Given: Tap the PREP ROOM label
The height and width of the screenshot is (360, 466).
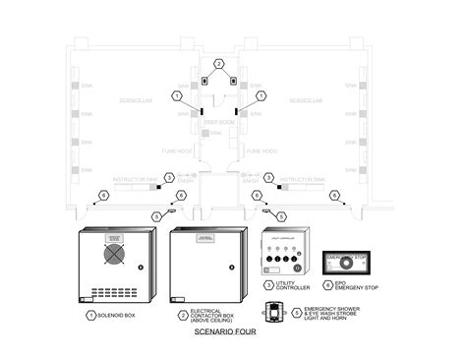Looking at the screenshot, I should point(218,121).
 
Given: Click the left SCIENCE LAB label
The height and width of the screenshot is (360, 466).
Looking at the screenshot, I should point(134,99).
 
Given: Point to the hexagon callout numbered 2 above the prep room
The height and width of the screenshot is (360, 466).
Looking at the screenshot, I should point(219,63).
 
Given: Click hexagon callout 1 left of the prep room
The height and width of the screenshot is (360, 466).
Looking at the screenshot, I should point(177,95).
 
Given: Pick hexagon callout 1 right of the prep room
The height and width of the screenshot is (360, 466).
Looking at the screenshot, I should point(262,95).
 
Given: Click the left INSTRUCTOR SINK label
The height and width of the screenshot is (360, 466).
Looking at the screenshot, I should point(136,181).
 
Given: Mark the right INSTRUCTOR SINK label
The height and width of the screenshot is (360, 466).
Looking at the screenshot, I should point(302,181).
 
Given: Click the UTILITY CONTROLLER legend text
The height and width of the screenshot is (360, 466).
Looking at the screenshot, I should point(292,287).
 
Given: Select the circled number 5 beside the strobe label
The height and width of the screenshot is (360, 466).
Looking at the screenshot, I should point(292,313).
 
